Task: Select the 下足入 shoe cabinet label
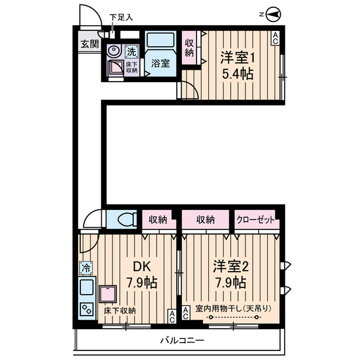pyautogui.click(x=121, y=17)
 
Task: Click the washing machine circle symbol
pyautogui.click(x=114, y=51)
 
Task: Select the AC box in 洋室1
pyautogui.click(x=275, y=38)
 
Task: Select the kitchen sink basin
pyautogui.click(x=87, y=288)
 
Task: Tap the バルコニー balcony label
pyautogui.click(x=182, y=340)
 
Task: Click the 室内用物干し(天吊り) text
pyautogui.click(x=233, y=308)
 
